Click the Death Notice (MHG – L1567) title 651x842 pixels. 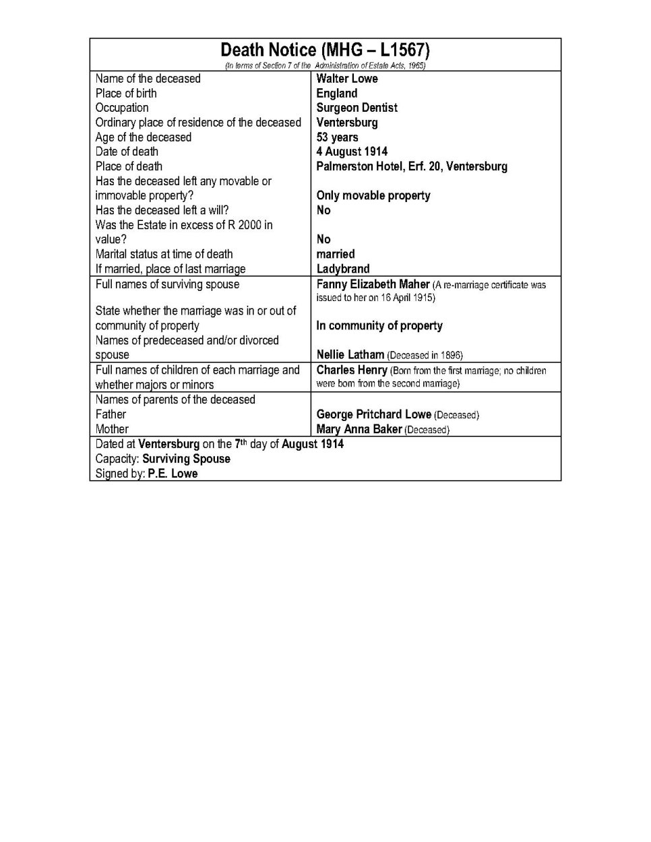(325, 50)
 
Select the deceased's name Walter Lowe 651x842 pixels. (347, 79)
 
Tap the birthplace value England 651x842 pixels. (337, 94)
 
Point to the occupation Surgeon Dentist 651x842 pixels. (356, 108)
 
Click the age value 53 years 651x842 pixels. (337, 137)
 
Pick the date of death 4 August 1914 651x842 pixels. (352, 152)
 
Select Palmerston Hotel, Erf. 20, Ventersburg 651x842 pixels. (412, 166)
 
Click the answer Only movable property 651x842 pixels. (373, 195)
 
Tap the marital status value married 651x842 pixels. (335, 254)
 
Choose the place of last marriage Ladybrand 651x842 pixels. (342, 269)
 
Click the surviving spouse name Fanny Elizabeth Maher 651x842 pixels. (373, 284)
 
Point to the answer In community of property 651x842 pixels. (379, 325)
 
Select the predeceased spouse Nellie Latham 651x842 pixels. (350, 354)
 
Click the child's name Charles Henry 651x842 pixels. (352, 370)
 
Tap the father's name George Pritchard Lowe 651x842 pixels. (373, 414)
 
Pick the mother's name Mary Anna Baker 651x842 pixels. (359, 429)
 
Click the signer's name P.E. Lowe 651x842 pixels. (173, 474)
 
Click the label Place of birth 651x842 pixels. (126, 94)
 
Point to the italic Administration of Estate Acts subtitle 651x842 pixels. (325, 65)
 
